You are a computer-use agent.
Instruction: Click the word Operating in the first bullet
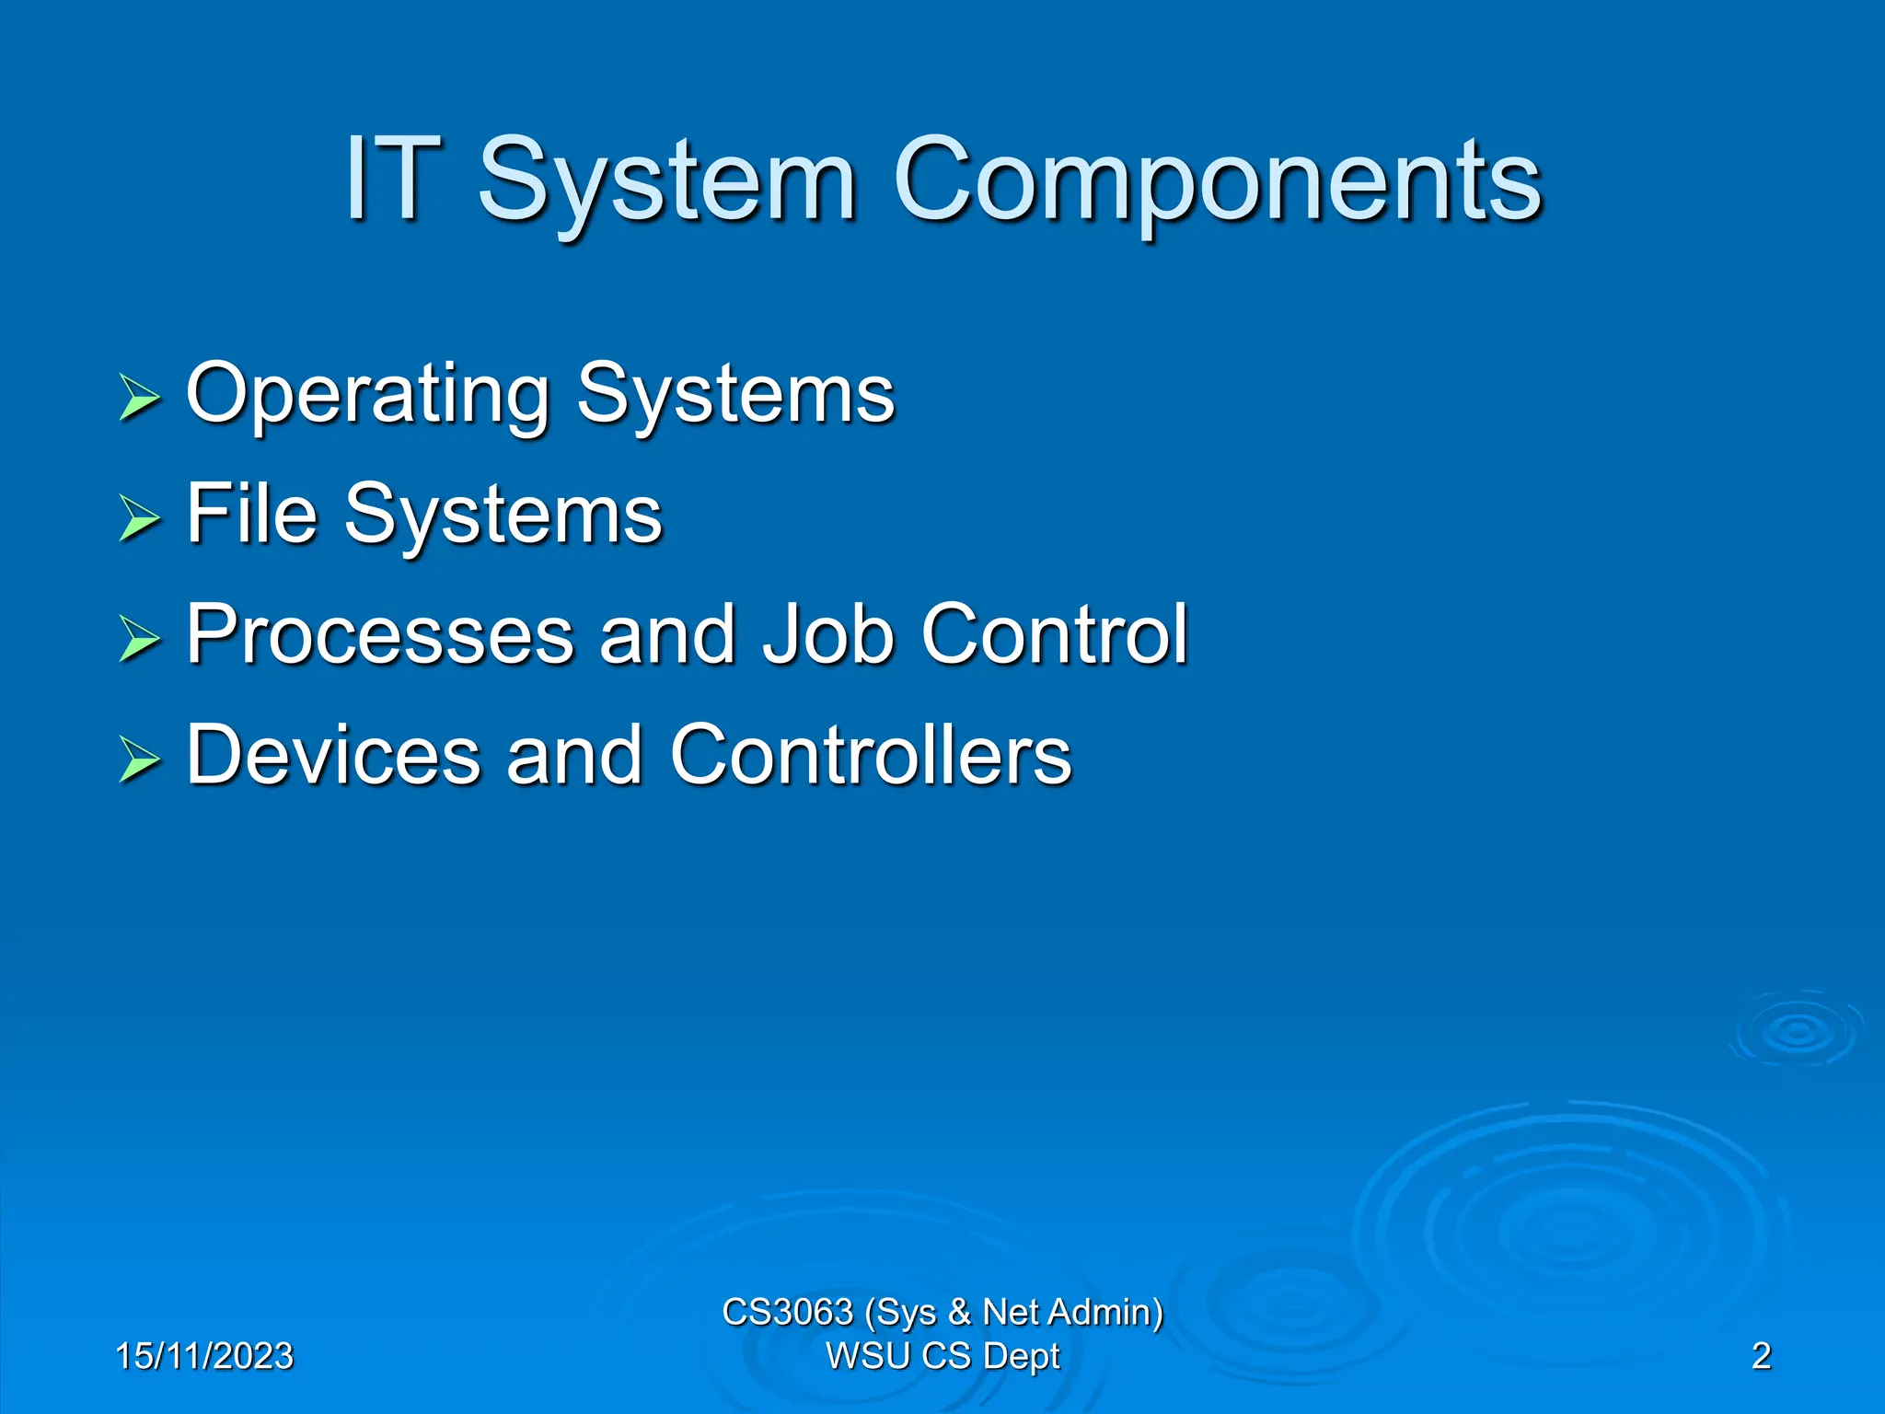click(367, 394)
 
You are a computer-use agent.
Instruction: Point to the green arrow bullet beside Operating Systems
click(139, 398)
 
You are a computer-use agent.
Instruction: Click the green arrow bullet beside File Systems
click(139, 518)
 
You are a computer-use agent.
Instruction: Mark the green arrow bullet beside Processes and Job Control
click(139, 639)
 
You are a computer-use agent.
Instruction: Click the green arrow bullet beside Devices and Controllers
click(139, 759)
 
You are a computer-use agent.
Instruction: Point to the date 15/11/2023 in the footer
click(204, 1356)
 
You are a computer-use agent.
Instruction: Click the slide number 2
click(1761, 1356)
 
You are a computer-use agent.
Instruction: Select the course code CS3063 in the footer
click(787, 1312)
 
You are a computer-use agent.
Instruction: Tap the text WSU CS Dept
click(942, 1356)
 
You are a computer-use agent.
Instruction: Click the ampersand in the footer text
click(959, 1312)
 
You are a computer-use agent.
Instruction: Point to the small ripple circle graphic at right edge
click(1797, 1031)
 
